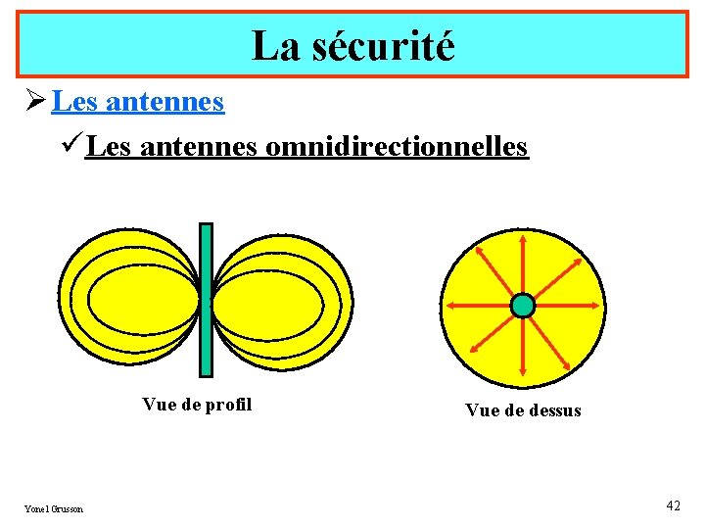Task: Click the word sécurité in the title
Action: click(384, 46)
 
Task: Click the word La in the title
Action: click(274, 46)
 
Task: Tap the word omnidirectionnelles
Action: click(397, 147)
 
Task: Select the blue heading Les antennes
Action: click(138, 101)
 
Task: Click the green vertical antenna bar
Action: click(206, 300)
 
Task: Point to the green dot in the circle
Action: click(523, 306)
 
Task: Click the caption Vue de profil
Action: click(197, 405)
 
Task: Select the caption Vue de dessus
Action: click(523, 410)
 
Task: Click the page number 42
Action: click(673, 505)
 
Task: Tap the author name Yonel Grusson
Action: click(54, 508)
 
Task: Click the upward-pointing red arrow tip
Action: click(523, 238)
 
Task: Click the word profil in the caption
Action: click(231, 405)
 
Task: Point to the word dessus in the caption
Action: click(553, 410)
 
